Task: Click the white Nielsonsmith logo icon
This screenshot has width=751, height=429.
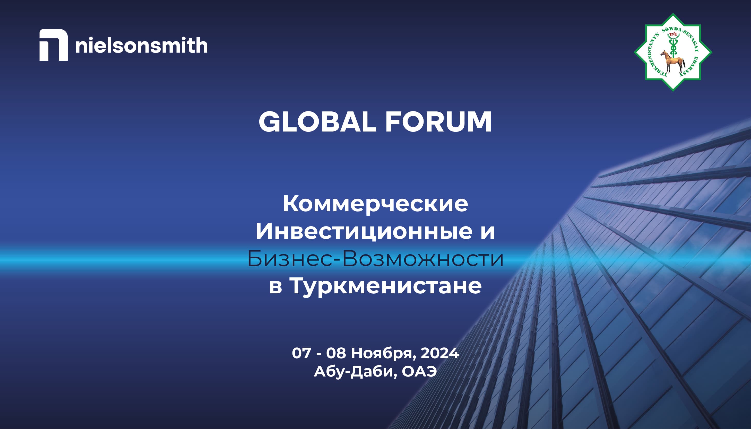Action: click(x=53, y=45)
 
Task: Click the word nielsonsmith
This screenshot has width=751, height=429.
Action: click(x=142, y=45)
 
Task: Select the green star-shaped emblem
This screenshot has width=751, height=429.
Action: click(x=673, y=52)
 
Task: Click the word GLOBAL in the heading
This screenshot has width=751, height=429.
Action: click(x=317, y=122)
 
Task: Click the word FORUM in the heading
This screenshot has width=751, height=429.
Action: click(x=438, y=122)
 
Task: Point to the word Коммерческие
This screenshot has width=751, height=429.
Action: click(x=375, y=204)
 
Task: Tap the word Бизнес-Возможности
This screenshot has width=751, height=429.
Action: click(x=375, y=259)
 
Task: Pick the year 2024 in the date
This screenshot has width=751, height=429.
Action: click(x=440, y=353)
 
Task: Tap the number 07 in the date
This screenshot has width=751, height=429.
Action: click(x=301, y=353)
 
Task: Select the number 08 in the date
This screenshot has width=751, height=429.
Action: click(x=336, y=353)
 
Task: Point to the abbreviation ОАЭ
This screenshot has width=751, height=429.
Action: click(x=419, y=372)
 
